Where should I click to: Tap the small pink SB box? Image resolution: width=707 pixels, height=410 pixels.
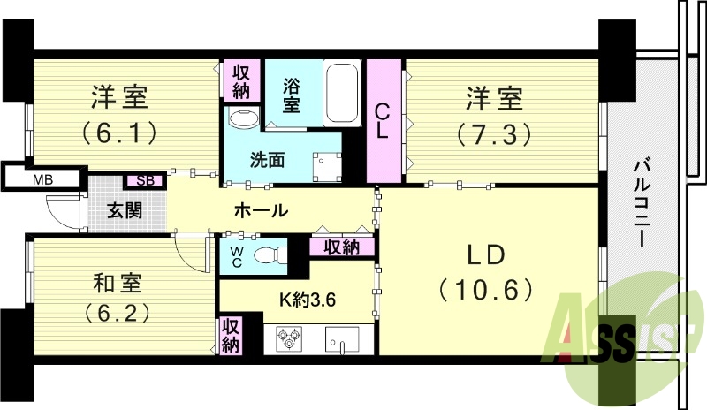[x=145, y=181]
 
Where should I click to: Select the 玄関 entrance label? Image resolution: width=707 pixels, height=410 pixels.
[x=125, y=211]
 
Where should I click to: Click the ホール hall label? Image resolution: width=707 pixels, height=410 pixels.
[x=260, y=210]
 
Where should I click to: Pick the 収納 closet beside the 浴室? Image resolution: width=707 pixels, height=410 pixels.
[x=241, y=80]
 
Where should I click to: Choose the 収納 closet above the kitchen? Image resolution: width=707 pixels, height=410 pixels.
[x=340, y=247]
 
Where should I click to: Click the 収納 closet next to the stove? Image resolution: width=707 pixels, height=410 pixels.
[x=230, y=336]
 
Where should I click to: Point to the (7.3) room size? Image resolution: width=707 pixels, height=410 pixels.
[x=493, y=133]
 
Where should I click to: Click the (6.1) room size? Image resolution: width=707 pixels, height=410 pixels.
[x=120, y=133]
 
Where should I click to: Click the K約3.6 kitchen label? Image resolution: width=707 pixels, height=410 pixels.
[x=308, y=299]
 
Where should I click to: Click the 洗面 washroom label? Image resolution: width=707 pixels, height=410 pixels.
[x=267, y=161]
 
